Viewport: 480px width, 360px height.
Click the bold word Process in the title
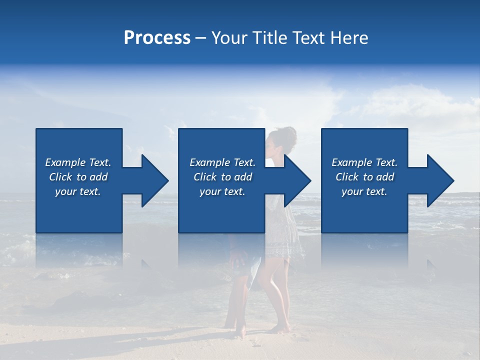(x=157, y=38)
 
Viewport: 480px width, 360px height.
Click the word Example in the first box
(x=65, y=162)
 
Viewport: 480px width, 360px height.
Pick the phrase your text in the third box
(x=364, y=191)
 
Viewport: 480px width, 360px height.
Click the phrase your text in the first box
(x=78, y=191)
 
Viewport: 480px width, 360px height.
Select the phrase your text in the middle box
(x=222, y=191)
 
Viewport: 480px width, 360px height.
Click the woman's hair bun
(x=287, y=135)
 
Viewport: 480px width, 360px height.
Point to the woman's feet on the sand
(x=278, y=328)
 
